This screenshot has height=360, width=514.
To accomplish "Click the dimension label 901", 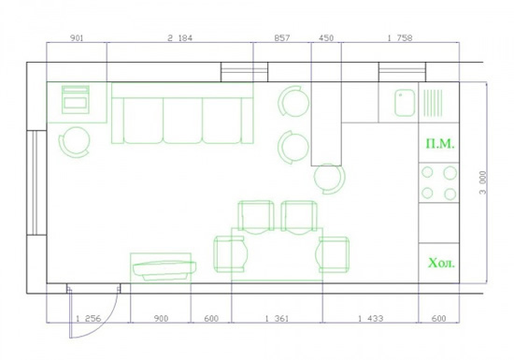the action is coord(77,38).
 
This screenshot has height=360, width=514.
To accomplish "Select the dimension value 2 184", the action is coord(180,38).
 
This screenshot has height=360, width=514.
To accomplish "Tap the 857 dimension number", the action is coord(282,38).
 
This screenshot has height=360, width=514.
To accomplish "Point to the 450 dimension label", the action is coord(326,38).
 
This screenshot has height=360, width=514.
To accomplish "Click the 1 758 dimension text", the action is coord(400,38).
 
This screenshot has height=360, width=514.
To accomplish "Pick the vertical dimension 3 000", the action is coord(483,182).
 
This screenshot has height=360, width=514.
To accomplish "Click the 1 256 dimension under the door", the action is coord(88,318).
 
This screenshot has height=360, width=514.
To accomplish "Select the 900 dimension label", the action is coord(161,318).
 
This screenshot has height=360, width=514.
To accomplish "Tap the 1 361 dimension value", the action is coord(277,318).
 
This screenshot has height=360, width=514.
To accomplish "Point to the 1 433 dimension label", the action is coord(370,318).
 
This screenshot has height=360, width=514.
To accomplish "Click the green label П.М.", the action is coord(440,144).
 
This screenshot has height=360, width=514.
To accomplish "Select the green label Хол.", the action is coord(441,263).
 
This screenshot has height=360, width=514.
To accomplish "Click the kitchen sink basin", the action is coord(405,103).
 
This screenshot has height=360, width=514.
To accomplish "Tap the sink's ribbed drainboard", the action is coord(433,103).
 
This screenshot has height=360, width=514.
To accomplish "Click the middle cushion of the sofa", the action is coord(182,121).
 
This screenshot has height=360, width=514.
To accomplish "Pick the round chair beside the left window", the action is coord(75,142).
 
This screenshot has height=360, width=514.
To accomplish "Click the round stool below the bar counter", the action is coord(330,178).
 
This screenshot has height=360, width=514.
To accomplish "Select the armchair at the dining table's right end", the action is coord(333,254).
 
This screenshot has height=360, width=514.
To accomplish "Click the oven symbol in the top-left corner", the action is coord(76,100).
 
